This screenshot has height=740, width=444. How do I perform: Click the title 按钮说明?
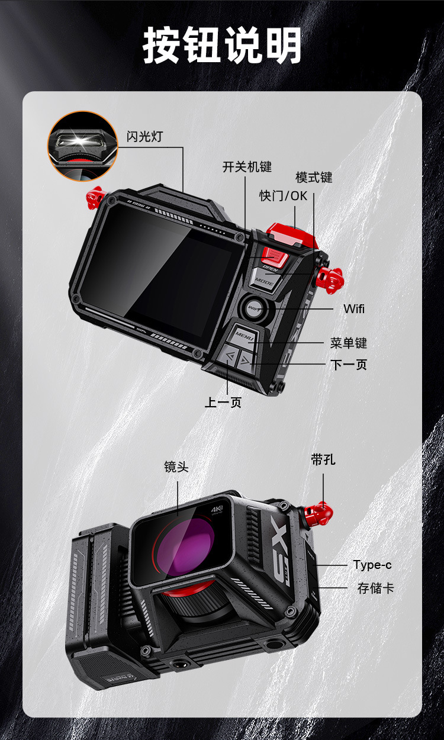coord(222,45)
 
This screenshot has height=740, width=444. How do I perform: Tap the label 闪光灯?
coord(144,136)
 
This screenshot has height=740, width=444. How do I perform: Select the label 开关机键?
coord(247,167)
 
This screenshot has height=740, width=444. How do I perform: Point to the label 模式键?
coord(314,178)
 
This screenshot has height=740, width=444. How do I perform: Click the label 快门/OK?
coord(284,195)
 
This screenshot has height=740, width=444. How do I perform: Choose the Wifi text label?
coord(354,308)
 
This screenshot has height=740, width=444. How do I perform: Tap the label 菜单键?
coord(348,343)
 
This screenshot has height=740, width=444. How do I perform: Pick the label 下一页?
coord(348,364)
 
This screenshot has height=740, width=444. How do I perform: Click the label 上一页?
coord(223,403)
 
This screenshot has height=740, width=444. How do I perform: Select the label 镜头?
coord(176,467)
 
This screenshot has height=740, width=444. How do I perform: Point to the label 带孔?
coord(323,459)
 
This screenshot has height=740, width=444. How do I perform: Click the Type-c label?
coord(372,565)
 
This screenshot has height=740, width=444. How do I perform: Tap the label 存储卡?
coord(375,588)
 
